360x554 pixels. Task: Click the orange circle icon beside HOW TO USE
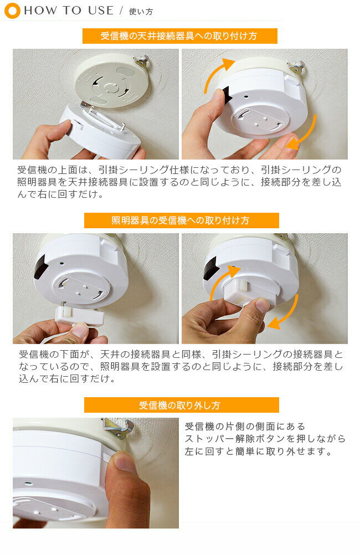[x=12, y=11]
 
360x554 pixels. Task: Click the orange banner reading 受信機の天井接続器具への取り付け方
[x=180, y=36]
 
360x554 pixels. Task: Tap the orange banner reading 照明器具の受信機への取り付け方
[x=182, y=220]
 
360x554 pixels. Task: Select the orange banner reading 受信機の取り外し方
[x=182, y=405]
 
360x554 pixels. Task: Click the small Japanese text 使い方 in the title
[x=141, y=12]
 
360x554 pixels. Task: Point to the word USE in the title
[x=101, y=11]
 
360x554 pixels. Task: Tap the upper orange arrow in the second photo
[x=217, y=74]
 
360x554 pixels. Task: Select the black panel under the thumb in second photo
[x=226, y=95]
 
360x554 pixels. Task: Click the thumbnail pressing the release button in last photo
[x=122, y=461]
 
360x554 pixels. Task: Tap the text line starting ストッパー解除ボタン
[x=265, y=439]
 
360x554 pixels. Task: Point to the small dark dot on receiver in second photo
[x=246, y=96]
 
